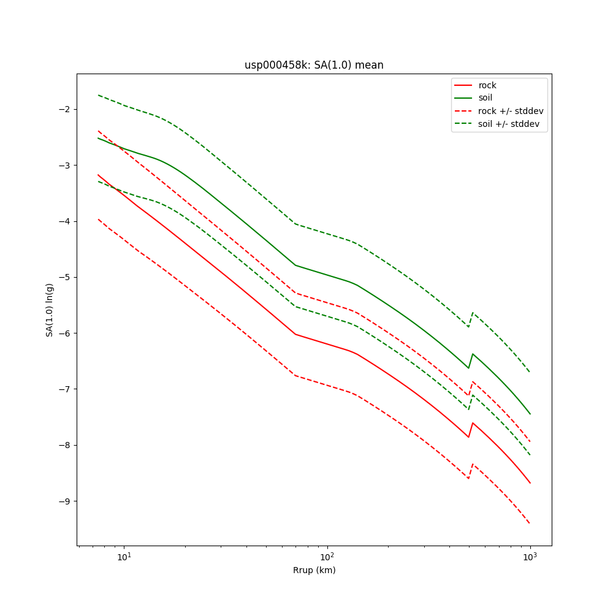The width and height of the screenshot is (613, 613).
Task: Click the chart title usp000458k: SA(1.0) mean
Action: pyautogui.click(x=314, y=65)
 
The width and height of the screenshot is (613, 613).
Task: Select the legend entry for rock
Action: pyautogui.click(x=487, y=85)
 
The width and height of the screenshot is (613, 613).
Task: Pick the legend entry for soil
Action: pyautogui.click(x=485, y=98)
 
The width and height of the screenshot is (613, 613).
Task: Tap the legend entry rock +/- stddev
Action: pyautogui.click(x=511, y=111)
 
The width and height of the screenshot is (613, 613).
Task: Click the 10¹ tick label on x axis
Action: pyautogui.click(x=124, y=557)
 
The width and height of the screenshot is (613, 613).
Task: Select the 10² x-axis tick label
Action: pyautogui.click(x=327, y=557)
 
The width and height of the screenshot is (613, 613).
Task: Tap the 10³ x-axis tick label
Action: pyautogui.click(x=530, y=557)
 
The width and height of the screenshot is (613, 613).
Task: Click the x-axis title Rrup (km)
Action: pyautogui.click(x=314, y=570)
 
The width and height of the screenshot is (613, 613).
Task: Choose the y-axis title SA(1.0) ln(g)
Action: pyautogui.click(x=49, y=310)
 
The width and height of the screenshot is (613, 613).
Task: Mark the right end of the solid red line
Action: pyautogui.click(x=530, y=483)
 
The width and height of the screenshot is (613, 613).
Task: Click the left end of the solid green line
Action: pyautogui.click(x=98, y=138)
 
